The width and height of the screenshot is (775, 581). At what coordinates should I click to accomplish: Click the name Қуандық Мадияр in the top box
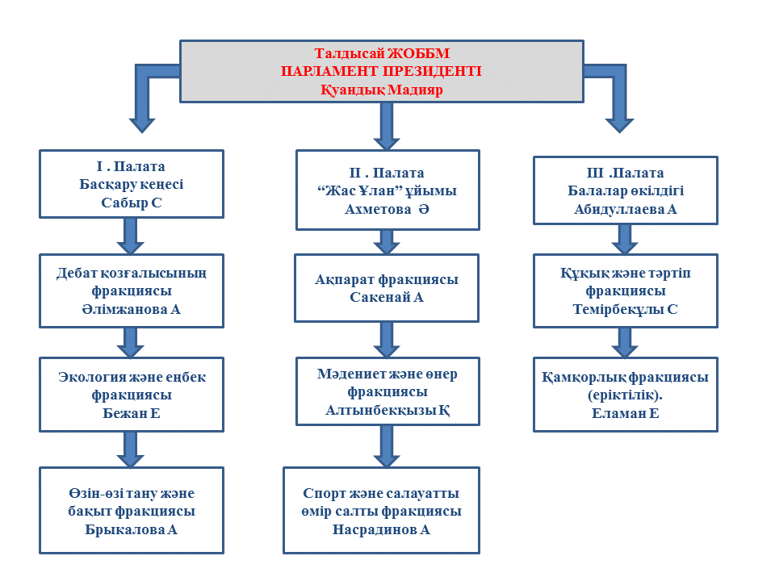click(x=382, y=90)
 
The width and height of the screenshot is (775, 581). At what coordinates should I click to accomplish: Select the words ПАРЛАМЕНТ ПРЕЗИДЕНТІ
click(x=381, y=71)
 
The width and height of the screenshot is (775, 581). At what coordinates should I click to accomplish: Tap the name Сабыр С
click(x=132, y=203)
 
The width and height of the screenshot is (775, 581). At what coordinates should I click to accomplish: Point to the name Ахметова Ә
click(x=387, y=210)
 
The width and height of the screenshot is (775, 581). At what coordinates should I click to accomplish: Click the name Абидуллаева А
click(x=625, y=210)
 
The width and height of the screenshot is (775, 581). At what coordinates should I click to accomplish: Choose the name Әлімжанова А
click(x=131, y=310)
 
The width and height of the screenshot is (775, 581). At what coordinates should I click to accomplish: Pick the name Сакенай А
click(x=387, y=298)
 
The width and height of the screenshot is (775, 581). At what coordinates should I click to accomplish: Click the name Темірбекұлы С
click(x=625, y=310)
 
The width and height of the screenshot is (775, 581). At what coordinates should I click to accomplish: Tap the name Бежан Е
click(x=132, y=413)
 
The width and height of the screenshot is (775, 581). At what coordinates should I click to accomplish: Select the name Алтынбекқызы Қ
click(x=387, y=410)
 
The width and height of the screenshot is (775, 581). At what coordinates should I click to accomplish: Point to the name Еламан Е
click(x=625, y=413)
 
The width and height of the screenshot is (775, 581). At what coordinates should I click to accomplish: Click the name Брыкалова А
click(x=131, y=529)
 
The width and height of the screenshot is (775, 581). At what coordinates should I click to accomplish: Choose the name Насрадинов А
click(x=381, y=529)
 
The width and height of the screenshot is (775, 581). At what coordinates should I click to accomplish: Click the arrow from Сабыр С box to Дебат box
click(x=131, y=236)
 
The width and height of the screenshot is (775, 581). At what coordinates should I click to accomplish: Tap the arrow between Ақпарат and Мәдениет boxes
click(x=387, y=340)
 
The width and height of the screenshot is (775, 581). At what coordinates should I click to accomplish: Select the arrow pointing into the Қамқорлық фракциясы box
click(x=625, y=342)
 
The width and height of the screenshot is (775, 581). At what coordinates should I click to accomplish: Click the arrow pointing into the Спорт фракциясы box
click(x=387, y=446)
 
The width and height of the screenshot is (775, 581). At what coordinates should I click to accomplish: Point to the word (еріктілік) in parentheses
click(x=625, y=395)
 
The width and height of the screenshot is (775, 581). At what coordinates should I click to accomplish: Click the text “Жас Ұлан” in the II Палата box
click(x=356, y=190)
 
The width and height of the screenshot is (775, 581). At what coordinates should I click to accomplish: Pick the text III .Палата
click(x=625, y=173)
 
